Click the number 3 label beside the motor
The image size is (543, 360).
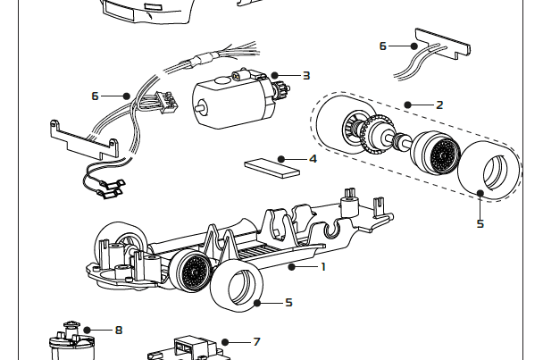(x=305, y=76)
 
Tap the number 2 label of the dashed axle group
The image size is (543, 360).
(x=439, y=105)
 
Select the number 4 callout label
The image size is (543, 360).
(x=313, y=159)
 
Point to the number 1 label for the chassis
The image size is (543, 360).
(x=323, y=266)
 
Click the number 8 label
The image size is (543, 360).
(x=118, y=330)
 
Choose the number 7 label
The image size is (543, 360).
(x=256, y=341)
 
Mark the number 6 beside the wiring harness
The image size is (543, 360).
(x=95, y=95)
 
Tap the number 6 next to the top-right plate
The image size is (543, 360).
(x=383, y=46)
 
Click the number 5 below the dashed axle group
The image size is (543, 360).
(x=480, y=223)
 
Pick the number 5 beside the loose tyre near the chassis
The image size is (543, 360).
(x=288, y=303)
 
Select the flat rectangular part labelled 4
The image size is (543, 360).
(x=268, y=167)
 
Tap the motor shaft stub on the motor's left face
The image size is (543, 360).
(x=199, y=108)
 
